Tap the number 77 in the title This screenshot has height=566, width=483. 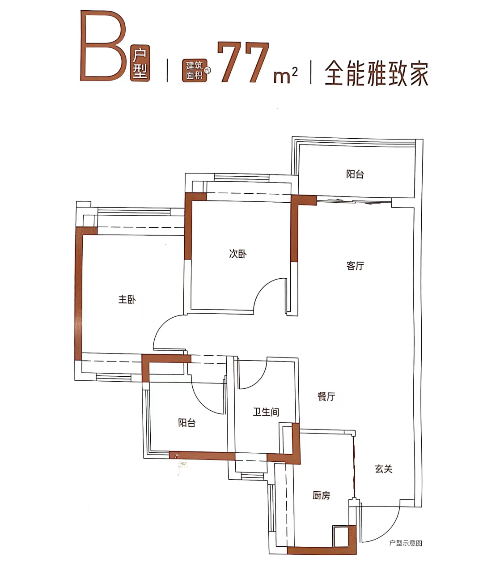pos(243,63)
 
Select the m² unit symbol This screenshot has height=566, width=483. pos(285,75)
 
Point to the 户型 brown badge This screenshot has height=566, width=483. pos(140,64)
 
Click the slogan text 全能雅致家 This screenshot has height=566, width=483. pos(376,73)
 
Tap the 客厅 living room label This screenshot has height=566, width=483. pos(355,266)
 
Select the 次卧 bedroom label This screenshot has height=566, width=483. pos(237,254)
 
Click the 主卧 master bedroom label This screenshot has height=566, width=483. pos(127,299)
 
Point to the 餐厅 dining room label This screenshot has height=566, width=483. pos(326,396)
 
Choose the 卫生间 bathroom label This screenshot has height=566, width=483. pos(266,412)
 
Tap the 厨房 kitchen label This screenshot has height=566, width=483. pos(321,495)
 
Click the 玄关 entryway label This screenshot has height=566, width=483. pos(383,469)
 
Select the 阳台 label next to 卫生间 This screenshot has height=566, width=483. pos(186,423)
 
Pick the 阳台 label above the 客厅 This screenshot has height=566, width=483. pos(355,174)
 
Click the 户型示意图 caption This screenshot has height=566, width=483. pos(406,543)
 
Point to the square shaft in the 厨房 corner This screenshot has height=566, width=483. pos(341,536)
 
